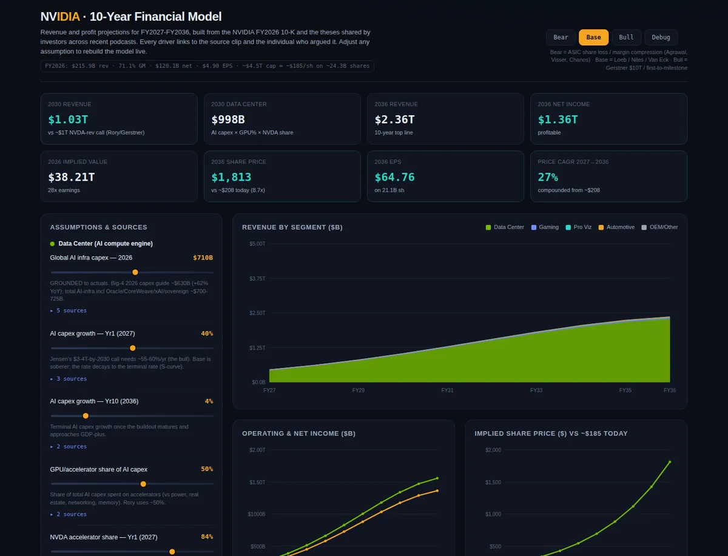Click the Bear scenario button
point(561,37)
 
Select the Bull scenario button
point(626,37)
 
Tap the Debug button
point(661,37)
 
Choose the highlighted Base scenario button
point(593,37)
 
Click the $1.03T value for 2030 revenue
point(68,119)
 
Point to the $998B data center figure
point(228,119)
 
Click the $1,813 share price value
point(231,177)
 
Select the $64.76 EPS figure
point(394,177)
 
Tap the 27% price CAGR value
point(548,177)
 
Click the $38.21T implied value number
point(72,177)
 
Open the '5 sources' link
point(69,310)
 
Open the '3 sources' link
point(69,379)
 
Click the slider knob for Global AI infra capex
point(135,272)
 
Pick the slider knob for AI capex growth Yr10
point(86,416)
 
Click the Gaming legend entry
point(545,227)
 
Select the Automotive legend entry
point(616,227)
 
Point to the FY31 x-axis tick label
point(447,390)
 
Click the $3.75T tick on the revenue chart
point(257,279)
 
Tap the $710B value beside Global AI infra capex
point(203,258)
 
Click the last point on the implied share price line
point(670,462)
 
